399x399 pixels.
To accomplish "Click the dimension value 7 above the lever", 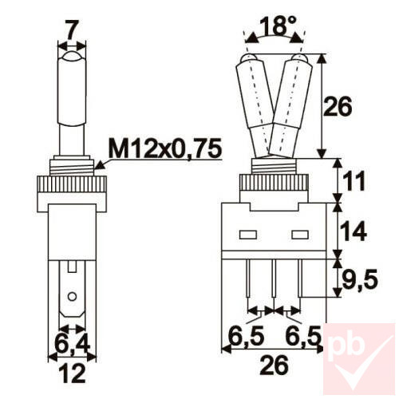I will (71, 30).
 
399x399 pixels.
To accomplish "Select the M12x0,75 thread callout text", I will (166, 148).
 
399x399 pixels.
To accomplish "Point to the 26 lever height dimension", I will (352, 107).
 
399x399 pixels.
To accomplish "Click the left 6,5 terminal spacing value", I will (246, 334).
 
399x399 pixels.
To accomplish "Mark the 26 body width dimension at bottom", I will (275, 368).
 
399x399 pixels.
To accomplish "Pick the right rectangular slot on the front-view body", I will (302, 235).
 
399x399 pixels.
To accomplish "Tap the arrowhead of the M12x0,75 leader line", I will (97, 166).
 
